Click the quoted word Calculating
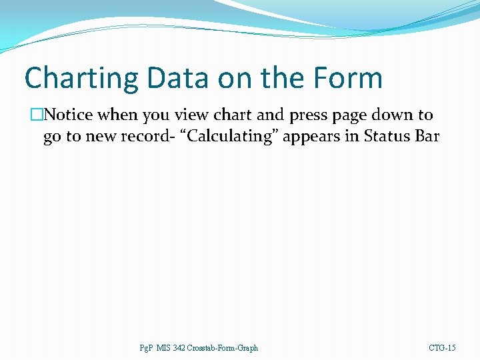[225, 137]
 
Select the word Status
[387, 137]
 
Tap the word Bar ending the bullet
[427, 137]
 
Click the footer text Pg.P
[146, 348]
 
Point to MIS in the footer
[164, 348]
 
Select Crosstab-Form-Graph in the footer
[223, 348]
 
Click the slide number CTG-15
[442, 348]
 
